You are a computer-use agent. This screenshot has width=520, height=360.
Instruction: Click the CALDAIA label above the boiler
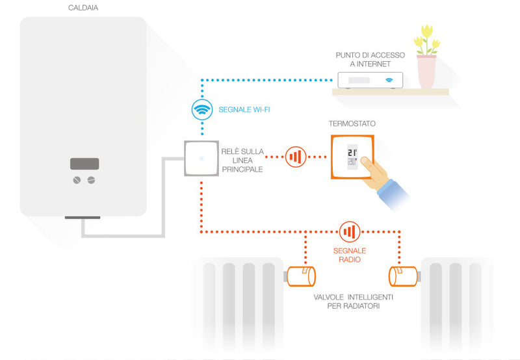click(82, 8)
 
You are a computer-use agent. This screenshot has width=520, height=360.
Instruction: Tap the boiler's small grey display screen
click(84, 164)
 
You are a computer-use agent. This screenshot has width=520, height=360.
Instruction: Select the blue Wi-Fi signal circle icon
click(201, 109)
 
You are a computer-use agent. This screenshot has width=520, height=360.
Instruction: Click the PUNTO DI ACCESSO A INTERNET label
click(370, 59)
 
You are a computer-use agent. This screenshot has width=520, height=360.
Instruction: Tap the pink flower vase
click(426, 71)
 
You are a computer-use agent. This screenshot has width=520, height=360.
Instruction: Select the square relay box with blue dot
click(201, 157)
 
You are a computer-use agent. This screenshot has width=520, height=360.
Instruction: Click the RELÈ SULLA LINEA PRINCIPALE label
click(242, 160)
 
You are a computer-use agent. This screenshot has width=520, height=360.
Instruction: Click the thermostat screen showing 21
click(352, 157)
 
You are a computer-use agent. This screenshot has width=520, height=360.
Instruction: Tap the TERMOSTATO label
click(352, 123)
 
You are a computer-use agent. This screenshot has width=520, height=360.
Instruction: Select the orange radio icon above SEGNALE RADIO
click(349, 231)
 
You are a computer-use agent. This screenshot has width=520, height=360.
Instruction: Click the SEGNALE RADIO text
click(350, 255)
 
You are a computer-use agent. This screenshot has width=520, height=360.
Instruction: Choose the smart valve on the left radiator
click(302, 276)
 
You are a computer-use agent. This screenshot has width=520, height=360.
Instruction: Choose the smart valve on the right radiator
click(404, 276)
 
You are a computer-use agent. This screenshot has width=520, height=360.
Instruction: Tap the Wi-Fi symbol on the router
click(389, 81)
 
